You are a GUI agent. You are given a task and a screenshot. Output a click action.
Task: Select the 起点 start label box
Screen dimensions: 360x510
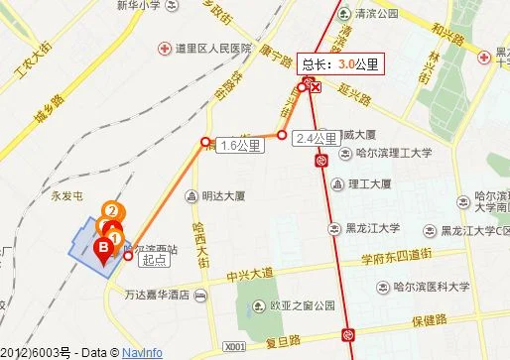[x=153, y=259]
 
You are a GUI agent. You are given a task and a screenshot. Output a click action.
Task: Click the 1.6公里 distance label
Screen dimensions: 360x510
[x=241, y=146]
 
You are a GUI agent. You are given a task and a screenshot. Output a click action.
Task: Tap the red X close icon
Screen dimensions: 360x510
[x=316, y=87]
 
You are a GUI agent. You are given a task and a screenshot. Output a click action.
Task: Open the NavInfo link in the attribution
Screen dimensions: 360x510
[x=144, y=352]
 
